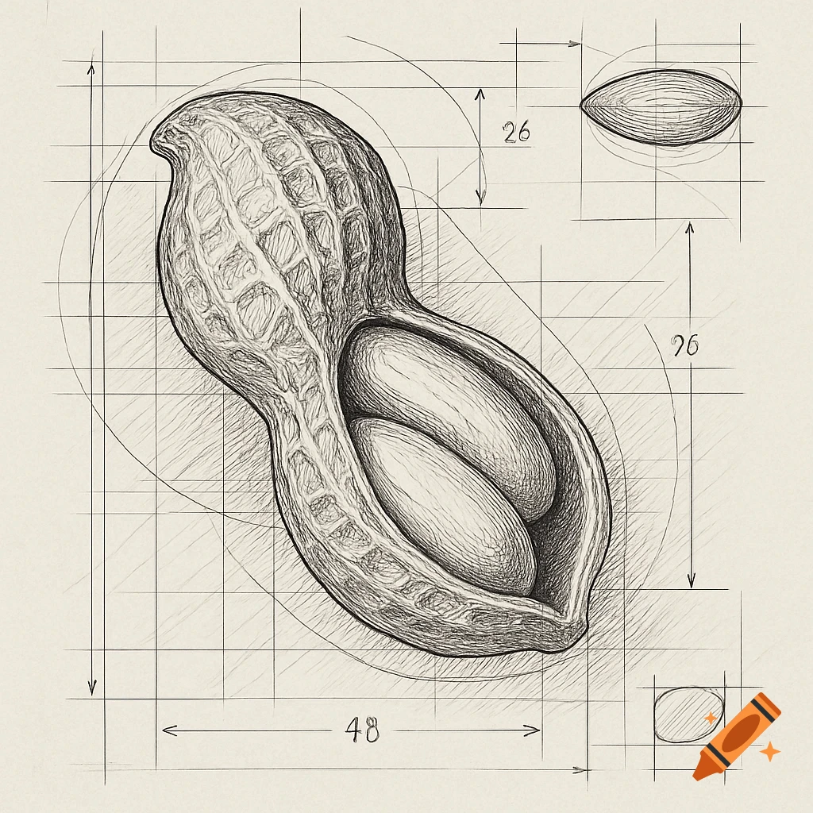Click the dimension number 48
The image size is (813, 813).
click(362, 729)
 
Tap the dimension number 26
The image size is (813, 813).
click(517, 132)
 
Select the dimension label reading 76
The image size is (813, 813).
click(684, 345)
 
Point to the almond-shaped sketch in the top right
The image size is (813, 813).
click(661, 107)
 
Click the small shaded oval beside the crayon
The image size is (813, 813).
click(688, 714)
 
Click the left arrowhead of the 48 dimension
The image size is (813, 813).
click(165, 729)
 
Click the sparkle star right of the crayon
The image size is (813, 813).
click(769, 750)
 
